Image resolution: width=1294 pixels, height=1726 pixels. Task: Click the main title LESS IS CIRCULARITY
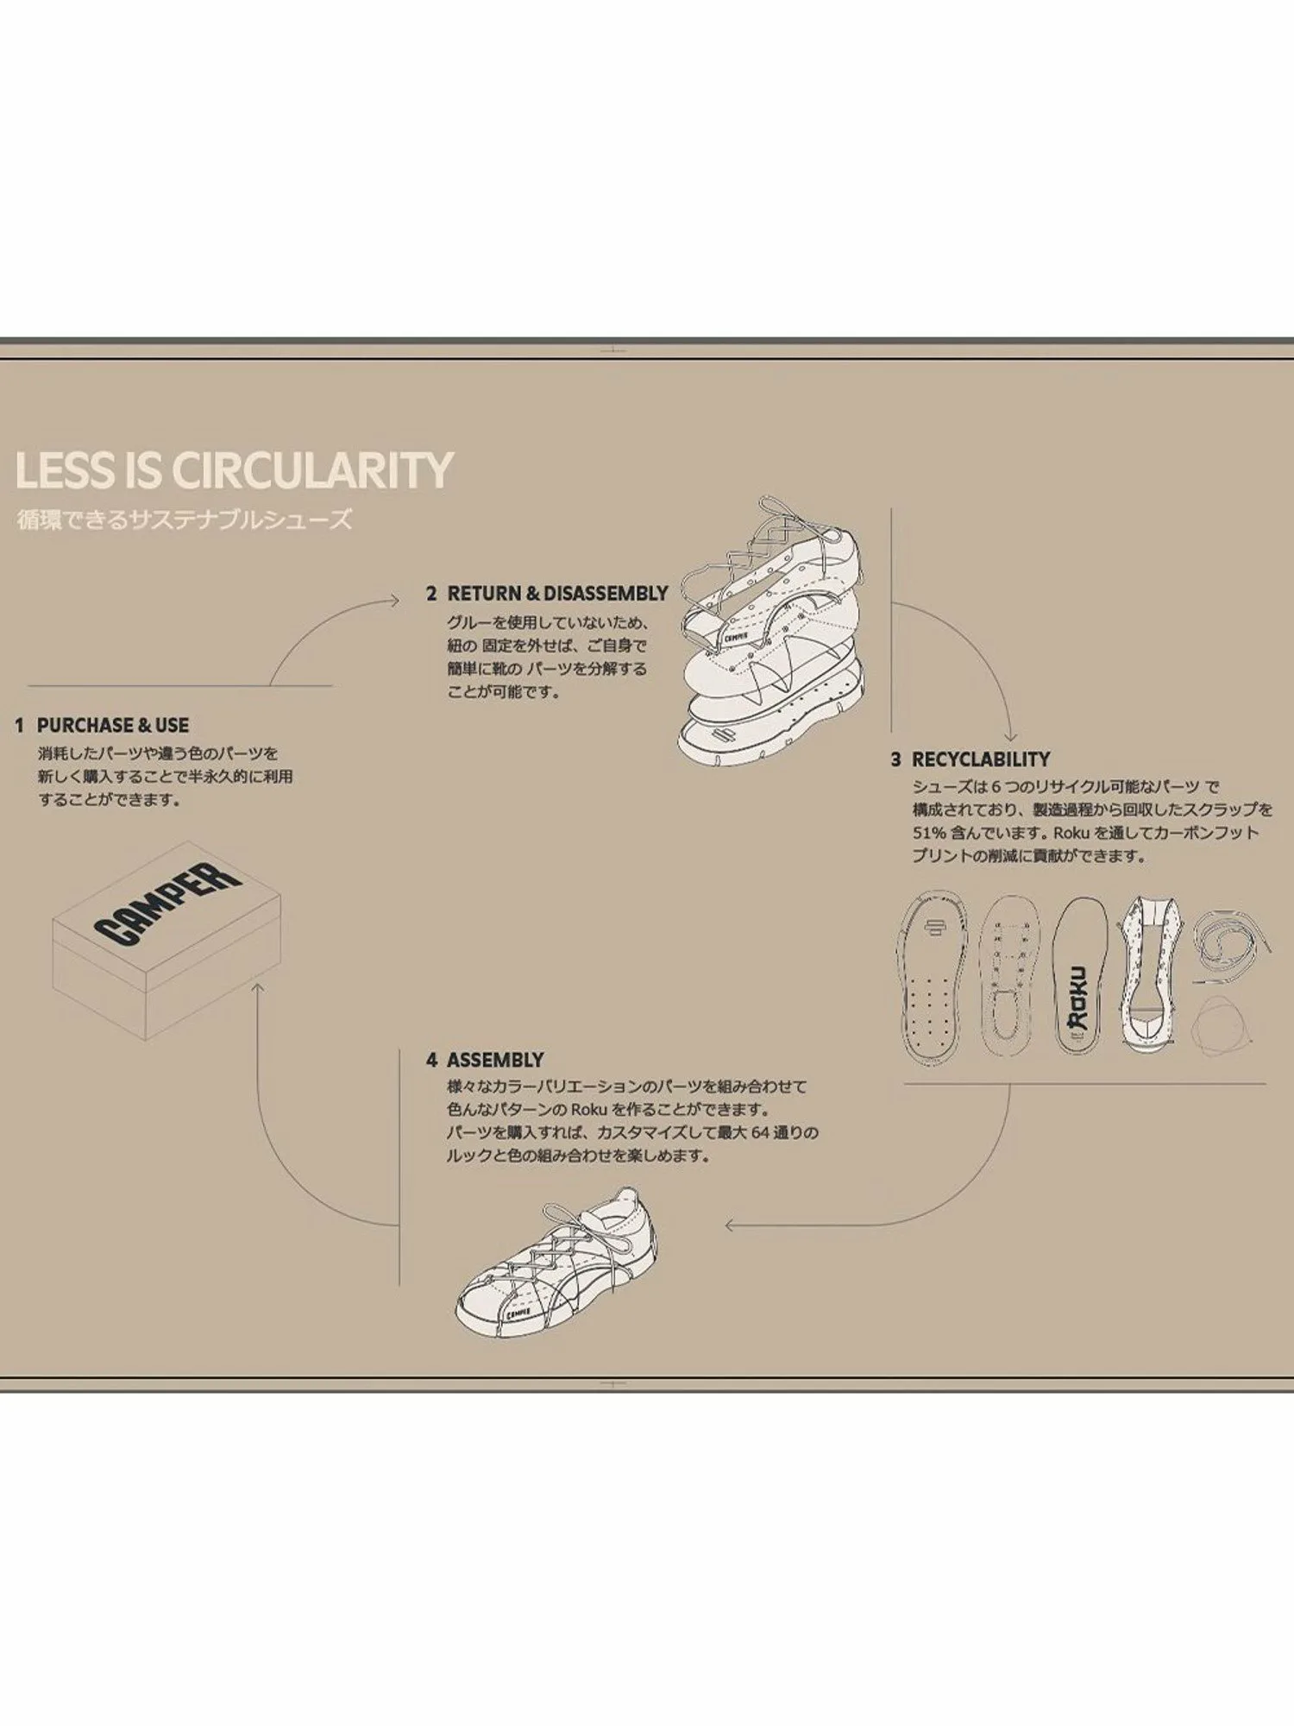[x=234, y=469]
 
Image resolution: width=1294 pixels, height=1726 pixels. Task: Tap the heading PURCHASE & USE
[x=112, y=725]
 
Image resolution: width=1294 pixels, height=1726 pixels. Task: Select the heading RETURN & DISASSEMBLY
[x=557, y=594]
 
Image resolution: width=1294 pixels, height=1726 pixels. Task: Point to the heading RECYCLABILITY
[x=981, y=759]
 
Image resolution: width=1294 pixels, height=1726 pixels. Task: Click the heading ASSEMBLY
[x=495, y=1060]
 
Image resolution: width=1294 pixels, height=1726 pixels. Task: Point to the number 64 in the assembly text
[x=759, y=1132]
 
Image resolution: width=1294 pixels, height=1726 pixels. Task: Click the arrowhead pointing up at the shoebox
[x=256, y=987]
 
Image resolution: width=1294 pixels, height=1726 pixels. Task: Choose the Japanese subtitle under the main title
[x=185, y=520]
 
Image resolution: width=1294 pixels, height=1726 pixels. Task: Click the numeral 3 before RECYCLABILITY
[x=895, y=759]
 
